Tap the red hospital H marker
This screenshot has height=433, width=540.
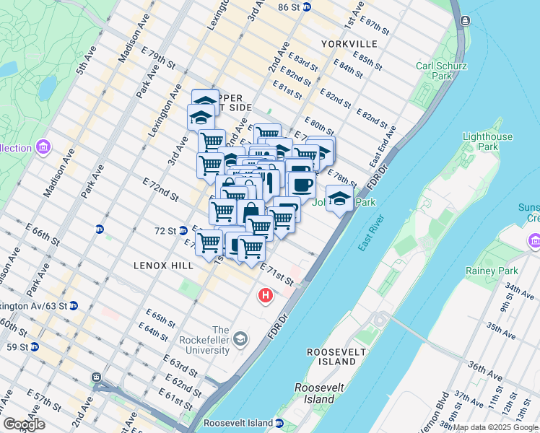pos(266,295)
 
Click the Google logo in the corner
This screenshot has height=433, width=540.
pos(24,424)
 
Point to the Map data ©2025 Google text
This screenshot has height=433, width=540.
pos(495,427)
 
